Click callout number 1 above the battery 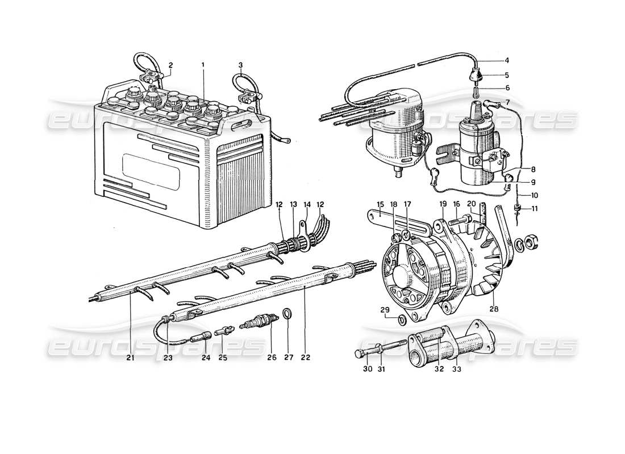202,65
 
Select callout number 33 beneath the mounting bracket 456,369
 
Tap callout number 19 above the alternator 443,204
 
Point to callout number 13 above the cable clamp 294,204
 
